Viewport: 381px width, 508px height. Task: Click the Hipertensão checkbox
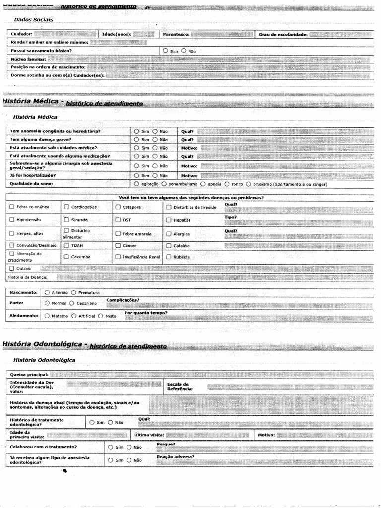(12, 219)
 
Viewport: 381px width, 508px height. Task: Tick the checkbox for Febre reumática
(12, 207)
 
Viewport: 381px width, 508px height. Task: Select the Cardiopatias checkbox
(66, 207)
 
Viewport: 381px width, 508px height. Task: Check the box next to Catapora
(118, 207)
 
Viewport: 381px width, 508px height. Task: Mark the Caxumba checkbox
(66, 257)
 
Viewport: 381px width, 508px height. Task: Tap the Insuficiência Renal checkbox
(118, 257)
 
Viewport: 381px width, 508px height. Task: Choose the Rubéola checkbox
(169, 257)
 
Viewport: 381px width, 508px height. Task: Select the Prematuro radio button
(74, 293)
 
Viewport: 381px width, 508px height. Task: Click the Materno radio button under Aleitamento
(47, 316)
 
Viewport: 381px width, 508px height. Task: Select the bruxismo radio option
(263, 184)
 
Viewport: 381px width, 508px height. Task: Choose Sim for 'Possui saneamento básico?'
(165, 51)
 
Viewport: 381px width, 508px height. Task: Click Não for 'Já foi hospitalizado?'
(155, 175)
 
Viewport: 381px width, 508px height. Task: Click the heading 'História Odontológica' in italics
(45, 360)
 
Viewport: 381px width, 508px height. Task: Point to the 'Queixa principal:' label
(29, 374)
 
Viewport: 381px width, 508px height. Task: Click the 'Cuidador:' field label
(21, 34)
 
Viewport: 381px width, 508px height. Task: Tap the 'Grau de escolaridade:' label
(283, 34)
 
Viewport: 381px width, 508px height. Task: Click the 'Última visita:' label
(149, 435)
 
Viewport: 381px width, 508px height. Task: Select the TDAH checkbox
(66, 245)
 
